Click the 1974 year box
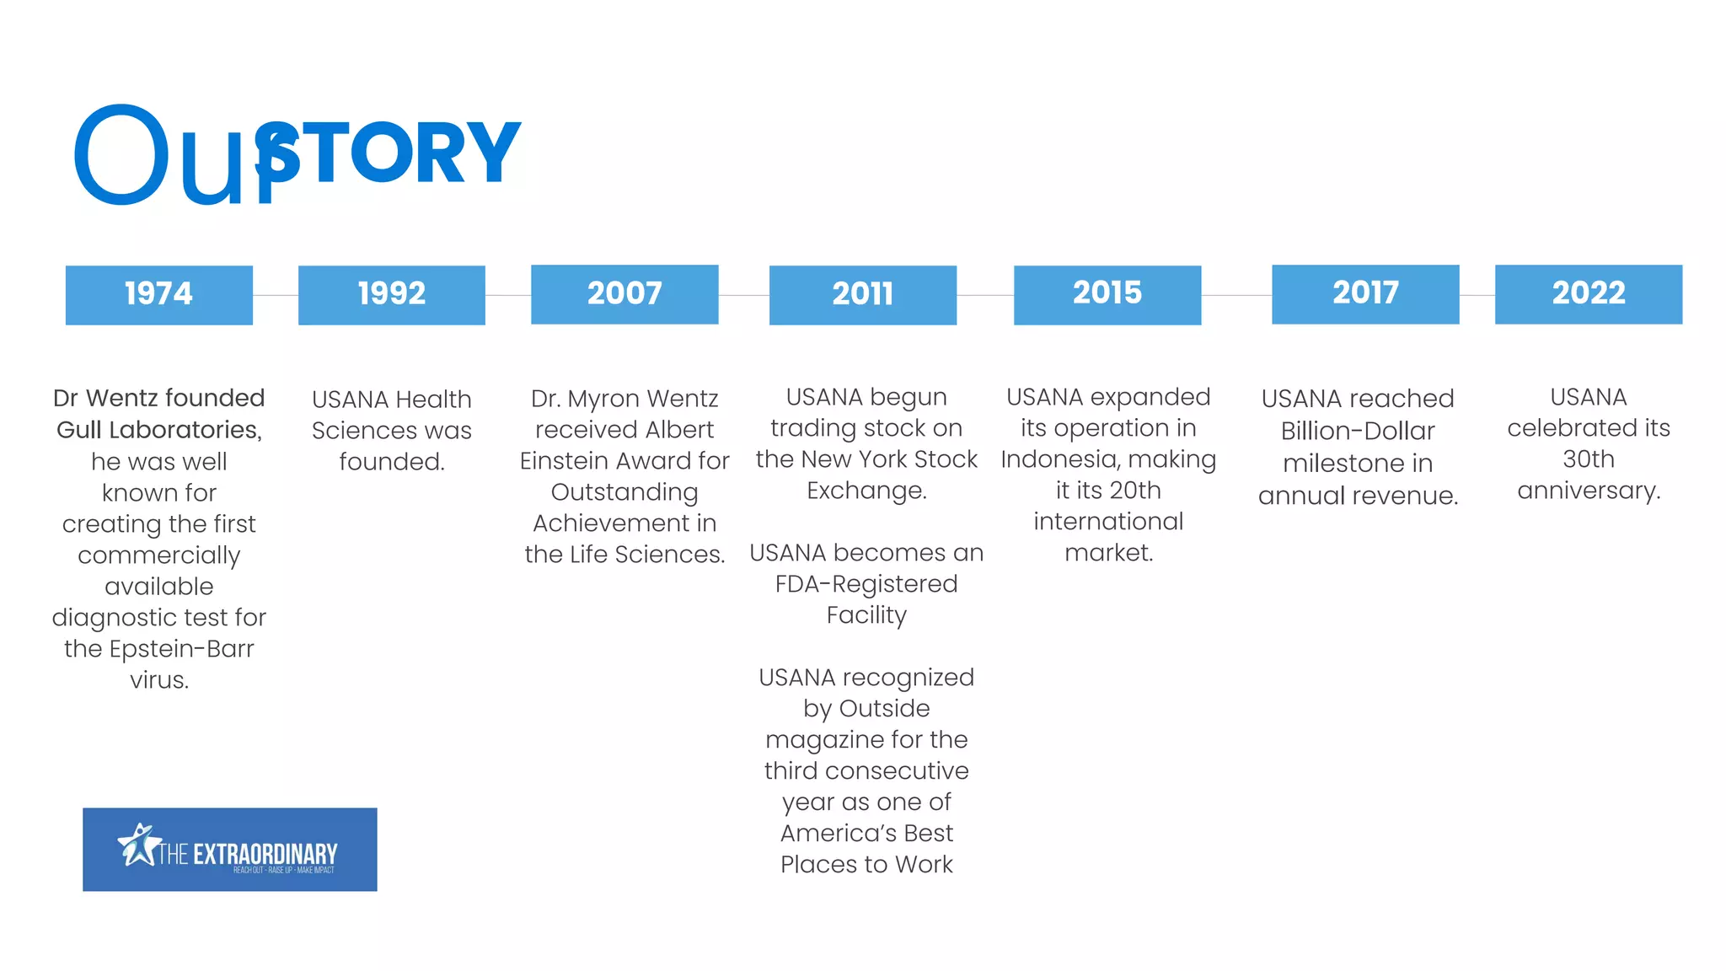pyautogui.click(x=159, y=294)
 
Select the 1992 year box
pyautogui.click(x=392, y=294)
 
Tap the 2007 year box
pyautogui.click(x=624, y=294)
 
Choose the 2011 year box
pyautogui.click(x=862, y=294)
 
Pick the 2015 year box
pyautogui.click(x=1107, y=294)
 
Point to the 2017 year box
pyautogui.click(x=1365, y=294)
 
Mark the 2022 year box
pyautogui.click(x=1589, y=294)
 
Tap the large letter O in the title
pyautogui.click(x=121, y=155)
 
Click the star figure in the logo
pyautogui.click(x=137, y=844)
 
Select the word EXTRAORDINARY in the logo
pyautogui.click(x=265, y=854)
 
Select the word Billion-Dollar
pyautogui.click(x=1358, y=431)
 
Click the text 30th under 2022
pyautogui.click(x=1589, y=459)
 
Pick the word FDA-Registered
pyautogui.click(x=866, y=584)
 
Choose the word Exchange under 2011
pyautogui.click(x=866, y=491)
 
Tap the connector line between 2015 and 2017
pyautogui.click(x=1236, y=295)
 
